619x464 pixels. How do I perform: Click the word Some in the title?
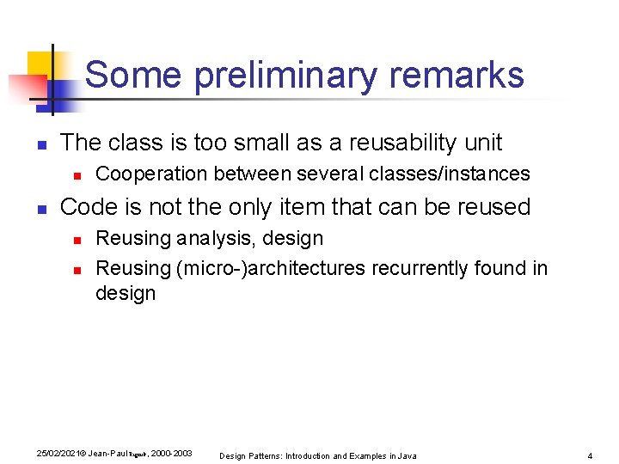(x=134, y=76)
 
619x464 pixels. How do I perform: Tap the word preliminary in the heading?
(x=285, y=76)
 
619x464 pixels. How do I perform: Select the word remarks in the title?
(x=457, y=76)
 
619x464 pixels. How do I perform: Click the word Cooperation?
(x=151, y=174)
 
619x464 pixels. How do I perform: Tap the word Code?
(x=87, y=207)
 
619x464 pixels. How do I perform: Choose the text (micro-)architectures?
(x=271, y=269)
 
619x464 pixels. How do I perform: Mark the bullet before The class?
(x=40, y=143)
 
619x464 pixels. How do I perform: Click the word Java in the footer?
(x=407, y=455)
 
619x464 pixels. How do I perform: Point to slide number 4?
(x=590, y=455)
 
